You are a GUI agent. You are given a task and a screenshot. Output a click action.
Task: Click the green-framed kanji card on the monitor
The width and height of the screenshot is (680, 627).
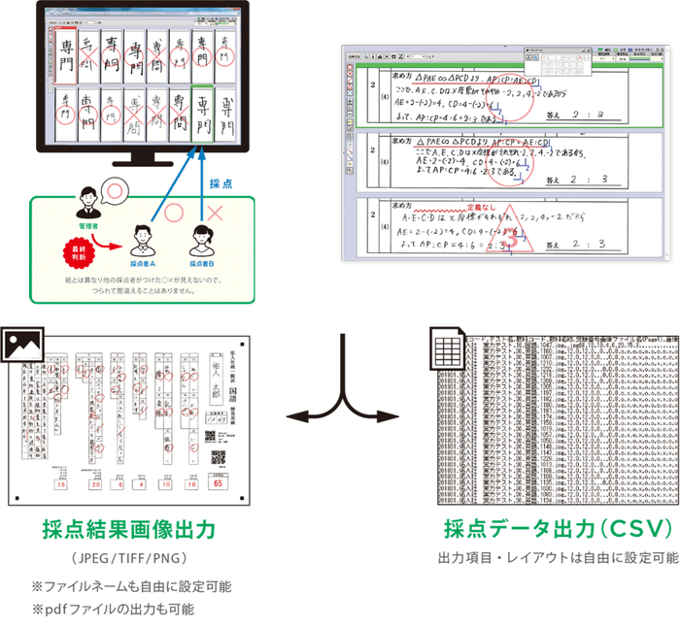[202, 115]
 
